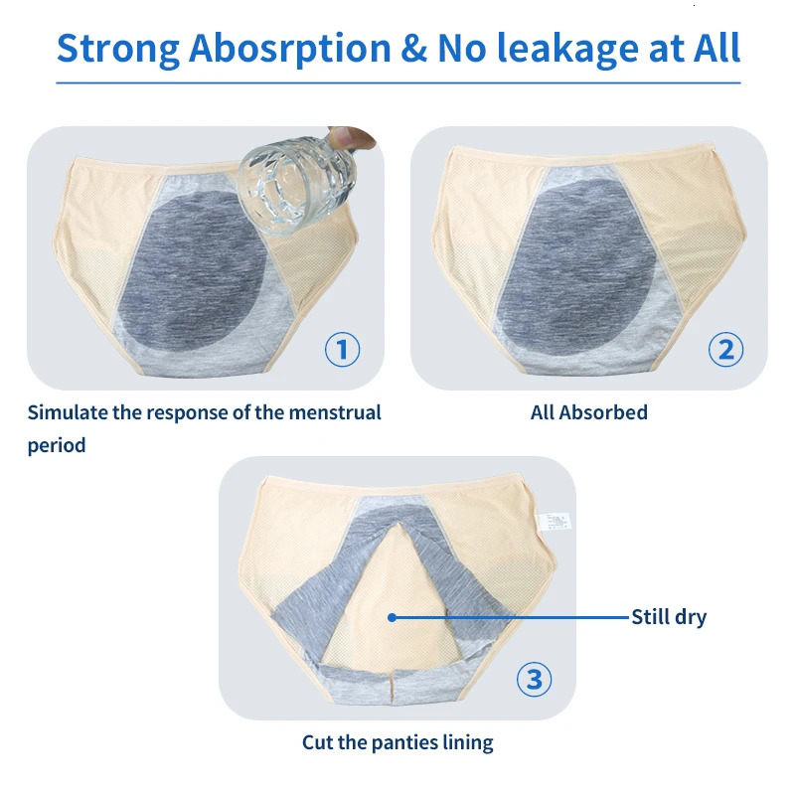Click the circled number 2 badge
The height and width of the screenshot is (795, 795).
click(725, 349)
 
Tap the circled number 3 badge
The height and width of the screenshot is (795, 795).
click(535, 680)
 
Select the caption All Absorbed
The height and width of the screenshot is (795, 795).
click(588, 411)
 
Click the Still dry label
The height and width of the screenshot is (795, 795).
click(669, 617)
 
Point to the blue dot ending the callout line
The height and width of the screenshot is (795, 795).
click(393, 617)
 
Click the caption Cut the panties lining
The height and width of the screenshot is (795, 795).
click(397, 741)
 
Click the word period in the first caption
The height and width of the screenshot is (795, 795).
click(57, 445)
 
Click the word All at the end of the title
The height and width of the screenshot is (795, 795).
click(710, 47)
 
